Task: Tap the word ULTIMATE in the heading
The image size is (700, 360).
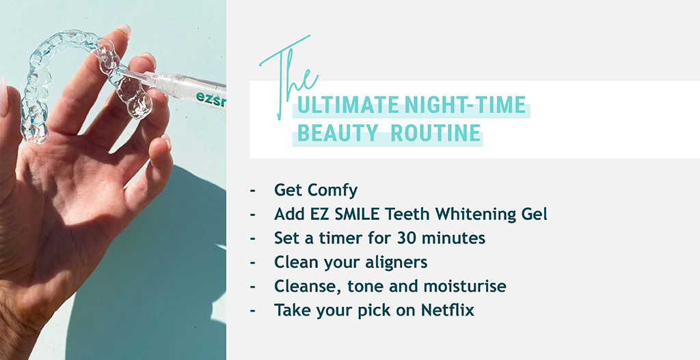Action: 349,105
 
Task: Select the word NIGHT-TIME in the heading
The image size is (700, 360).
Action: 465,105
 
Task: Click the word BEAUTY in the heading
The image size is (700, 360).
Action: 338,133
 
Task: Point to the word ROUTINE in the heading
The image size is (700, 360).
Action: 435,133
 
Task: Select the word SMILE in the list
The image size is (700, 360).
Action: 353,214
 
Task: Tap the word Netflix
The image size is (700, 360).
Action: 448,309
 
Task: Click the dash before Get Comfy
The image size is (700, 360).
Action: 253,191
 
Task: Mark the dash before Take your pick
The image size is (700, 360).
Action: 253,311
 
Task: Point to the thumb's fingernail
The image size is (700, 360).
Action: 3,96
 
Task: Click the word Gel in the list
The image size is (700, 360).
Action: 534,214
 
